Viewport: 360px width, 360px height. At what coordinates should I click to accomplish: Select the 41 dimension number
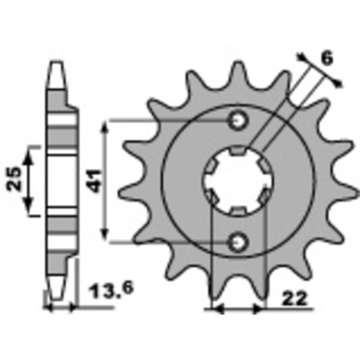[x=95, y=181]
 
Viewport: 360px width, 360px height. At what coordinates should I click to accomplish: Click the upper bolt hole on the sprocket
[x=237, y=120]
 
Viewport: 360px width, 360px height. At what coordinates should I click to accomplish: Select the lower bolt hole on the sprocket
[x=237, y=241]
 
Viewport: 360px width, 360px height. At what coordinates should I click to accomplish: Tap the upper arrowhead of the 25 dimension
[x=30, y=151]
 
